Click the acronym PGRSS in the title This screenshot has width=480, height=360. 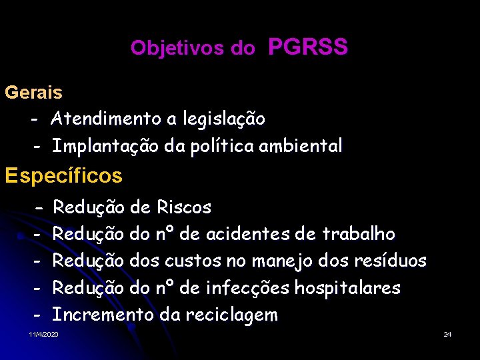pos(307,47)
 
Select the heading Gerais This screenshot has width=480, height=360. pos(33,93)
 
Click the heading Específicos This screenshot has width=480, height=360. pos(63,176)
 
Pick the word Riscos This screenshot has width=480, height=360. pos(184,208)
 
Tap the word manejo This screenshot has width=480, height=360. pos(280,261)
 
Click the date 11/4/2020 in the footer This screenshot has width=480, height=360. pos(44,333)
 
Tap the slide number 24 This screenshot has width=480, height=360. pos(447,333)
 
